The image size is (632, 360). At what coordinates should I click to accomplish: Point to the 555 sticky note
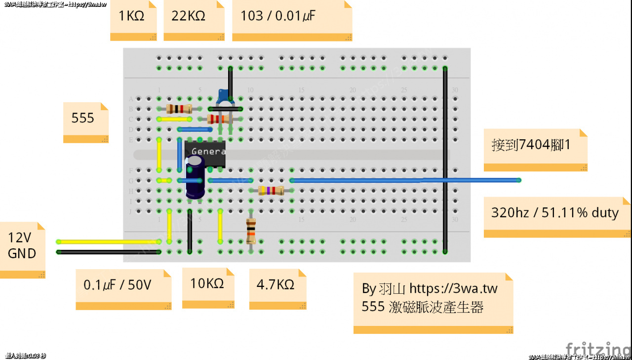pos(85,121)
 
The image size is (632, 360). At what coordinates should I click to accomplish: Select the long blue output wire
pos(405,180)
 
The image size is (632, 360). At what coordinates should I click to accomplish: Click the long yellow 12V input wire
pos(109,241)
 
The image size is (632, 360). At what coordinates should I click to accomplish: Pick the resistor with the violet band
pos(271,191)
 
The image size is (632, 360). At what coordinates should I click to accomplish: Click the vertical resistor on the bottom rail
pos(251,231)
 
